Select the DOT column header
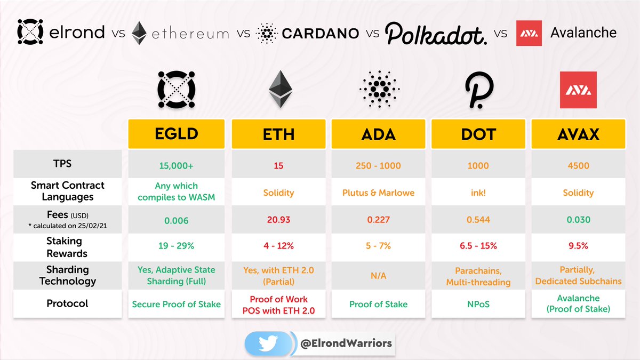pos(478,135)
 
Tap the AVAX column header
pos(578,135)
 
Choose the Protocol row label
pos(67,303)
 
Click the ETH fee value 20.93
pos(278,220)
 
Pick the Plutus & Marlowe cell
pos(378,193)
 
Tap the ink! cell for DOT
pos(478,193)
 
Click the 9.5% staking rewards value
pos(578,246)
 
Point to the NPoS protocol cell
pos(478,304)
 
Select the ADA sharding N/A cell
pos(378,276)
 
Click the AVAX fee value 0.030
pos(578,220)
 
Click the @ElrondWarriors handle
pos(344,343)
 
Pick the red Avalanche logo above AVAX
pos(578,90)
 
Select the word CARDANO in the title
pos(320,33)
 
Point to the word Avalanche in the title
pos(583,33)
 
